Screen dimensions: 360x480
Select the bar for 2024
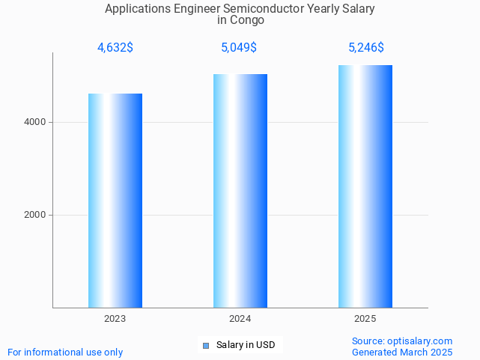coord(240,191)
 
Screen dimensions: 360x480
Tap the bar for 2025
coord(365,186)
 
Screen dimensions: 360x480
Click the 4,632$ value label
coord(115,48)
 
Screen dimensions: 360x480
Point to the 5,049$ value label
coord(240,48)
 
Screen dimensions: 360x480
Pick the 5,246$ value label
coord(366,48)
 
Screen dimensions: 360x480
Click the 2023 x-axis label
coord(115,319)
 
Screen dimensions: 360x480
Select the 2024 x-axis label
coord(240,319)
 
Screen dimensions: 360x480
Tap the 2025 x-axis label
coord(365,319)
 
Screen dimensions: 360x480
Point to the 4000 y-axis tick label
coord(35,122)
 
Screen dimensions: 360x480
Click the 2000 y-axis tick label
coord(35,215)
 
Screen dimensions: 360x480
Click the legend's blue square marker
coord(206,345)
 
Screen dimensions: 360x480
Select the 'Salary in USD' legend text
coord(246,345)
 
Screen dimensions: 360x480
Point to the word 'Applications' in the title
coord(136,9)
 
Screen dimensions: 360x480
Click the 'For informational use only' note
coord(65,352)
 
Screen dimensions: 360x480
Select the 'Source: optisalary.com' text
coord(402,341)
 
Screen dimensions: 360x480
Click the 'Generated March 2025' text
coord(402,352)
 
